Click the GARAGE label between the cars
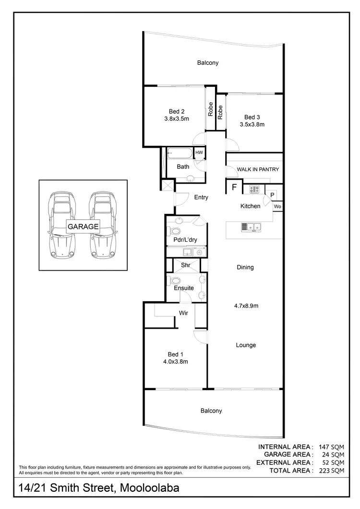[83, 226]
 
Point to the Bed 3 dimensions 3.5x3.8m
[252, 124]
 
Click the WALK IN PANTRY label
[258, 169]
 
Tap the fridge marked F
[234, 187]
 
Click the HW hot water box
[199, 153]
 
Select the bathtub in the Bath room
[179, 154]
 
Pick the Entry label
[201, 197]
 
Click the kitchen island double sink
[252, 226]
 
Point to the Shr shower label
[187, 264]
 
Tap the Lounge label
[246, 345]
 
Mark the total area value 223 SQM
[331, 471]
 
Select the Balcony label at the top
[208, 62]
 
